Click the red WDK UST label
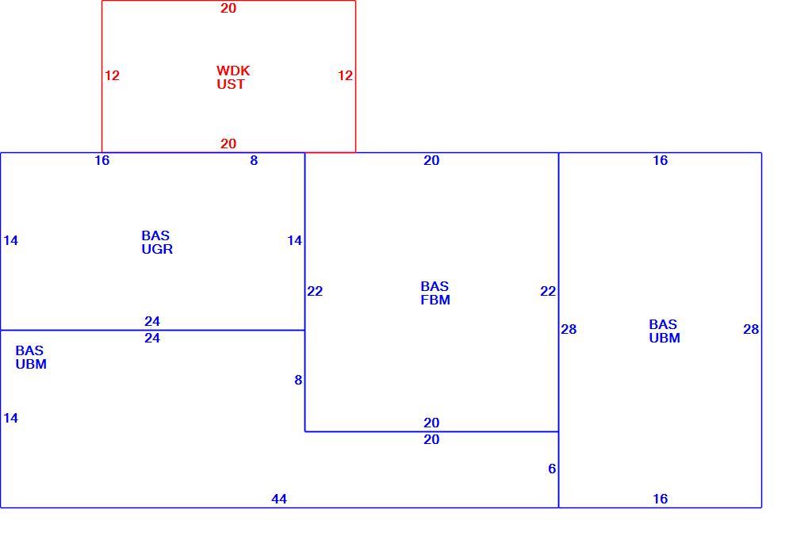[233, 78]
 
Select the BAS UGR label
[157, 243]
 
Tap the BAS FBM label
[435, 293]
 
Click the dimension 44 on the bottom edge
[279, 499]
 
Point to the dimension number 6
[552, 469]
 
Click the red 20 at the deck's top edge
[228, 8]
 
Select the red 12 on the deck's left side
[112, 75]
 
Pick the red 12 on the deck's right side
[345, 75]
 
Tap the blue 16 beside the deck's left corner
[102, 160]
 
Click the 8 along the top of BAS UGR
[254, 160]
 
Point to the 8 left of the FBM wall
[298, 380]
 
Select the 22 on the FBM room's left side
[315, 291]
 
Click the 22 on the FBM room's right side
[548, 291]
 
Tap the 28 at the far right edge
[751, 329]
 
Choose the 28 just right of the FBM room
[569, 329]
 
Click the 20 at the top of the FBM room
[431, 160]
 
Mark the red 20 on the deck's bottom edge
[228, 144]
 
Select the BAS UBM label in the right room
[664, 331]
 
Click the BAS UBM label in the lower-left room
[31, 358]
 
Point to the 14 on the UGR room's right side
[294, 240]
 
